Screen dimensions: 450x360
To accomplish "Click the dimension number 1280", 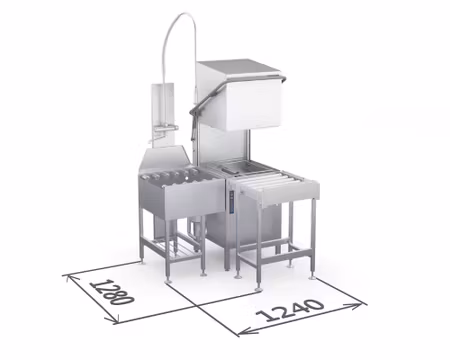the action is [112, 292].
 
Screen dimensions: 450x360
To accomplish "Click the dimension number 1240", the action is [290, 310].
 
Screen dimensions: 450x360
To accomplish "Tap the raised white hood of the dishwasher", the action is [252, 105].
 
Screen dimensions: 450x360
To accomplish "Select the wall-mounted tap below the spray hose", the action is [164, 127].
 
